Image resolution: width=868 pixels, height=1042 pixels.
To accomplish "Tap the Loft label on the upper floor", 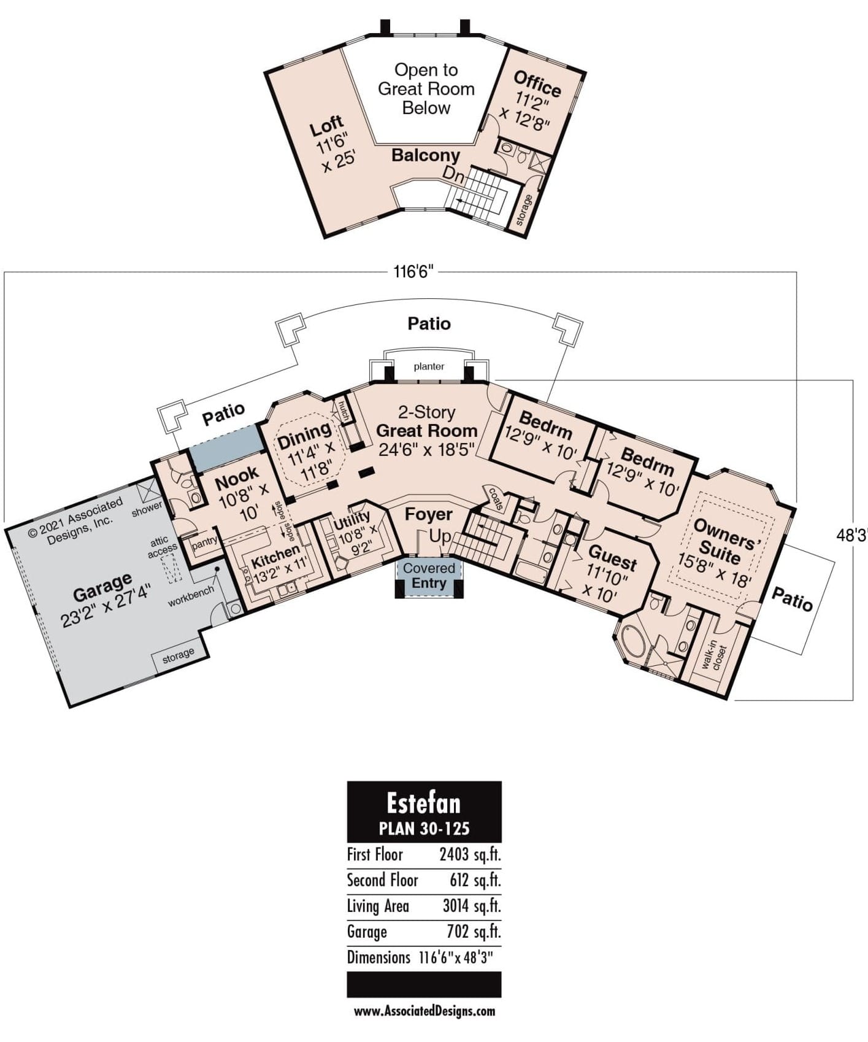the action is point(326,127).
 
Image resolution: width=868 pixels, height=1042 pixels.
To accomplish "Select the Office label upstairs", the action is point(537,83).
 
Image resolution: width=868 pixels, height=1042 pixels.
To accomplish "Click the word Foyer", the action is point(429,514).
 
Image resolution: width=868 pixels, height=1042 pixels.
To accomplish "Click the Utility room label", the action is point(351,521).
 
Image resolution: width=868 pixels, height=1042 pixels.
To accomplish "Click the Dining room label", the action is point(304,435).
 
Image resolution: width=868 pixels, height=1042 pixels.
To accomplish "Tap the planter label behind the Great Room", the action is point(429,366).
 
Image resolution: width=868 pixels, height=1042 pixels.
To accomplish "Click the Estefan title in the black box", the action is point(423,802).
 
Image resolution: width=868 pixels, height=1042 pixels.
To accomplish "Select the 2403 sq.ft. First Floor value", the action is point(470,854).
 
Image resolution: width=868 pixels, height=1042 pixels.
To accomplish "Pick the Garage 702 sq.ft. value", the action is point(474,932).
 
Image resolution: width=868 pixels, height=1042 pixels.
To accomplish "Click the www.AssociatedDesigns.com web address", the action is point(424,1011).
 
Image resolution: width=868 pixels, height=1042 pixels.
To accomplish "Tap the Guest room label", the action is point(612,560).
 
